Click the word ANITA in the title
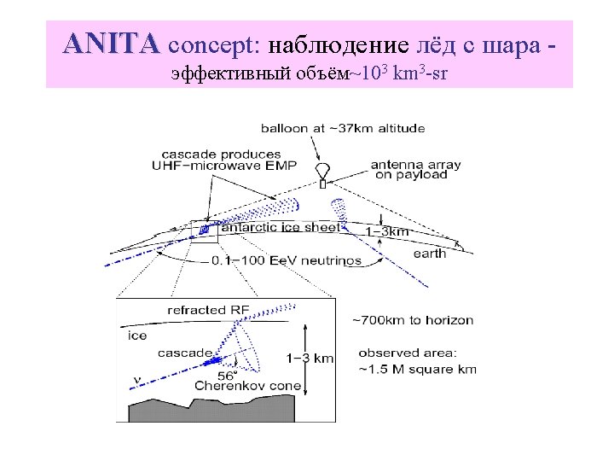click(111, 43)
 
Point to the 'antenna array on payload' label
click(409, 170)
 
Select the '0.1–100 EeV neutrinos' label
click(286, 260)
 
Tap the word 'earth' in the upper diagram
click(429, 254)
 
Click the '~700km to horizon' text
click(413, 320)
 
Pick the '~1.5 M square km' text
click(418, 369)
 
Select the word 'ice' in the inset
click(137, 336)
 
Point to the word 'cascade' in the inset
click(184, 352)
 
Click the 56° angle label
click(227, 375)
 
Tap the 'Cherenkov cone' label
click(247, 386)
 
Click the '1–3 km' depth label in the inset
click(310, 359)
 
